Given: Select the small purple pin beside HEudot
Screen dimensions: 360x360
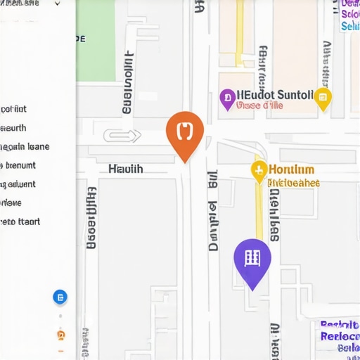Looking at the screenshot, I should tap(226, 98).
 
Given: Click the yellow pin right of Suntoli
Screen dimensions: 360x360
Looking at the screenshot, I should tap(323, 98).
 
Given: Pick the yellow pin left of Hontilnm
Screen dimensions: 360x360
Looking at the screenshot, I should tap(259, 169).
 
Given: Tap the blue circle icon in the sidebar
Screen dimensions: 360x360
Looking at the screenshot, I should tap(60, 297).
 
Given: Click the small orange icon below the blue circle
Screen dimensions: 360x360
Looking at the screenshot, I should tap(60, 335).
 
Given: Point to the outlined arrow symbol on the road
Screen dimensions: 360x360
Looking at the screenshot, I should tap(122, 136).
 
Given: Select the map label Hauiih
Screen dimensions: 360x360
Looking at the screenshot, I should tap(126, 169).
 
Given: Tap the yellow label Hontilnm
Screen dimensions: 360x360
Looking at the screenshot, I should tap(292, 169).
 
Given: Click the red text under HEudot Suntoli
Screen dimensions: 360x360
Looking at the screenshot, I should tap(259, 106).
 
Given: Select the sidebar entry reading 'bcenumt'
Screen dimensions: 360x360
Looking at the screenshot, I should tap(20, 166).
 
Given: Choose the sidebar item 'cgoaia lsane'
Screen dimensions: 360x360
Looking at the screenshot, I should tap(25, 147).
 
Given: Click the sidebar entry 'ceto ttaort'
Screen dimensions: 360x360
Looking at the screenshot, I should tap(20, 221).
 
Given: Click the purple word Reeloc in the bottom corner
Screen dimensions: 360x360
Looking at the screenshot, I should tap(340, 336).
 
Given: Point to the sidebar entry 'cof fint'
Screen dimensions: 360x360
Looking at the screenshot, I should tap(14, 109).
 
